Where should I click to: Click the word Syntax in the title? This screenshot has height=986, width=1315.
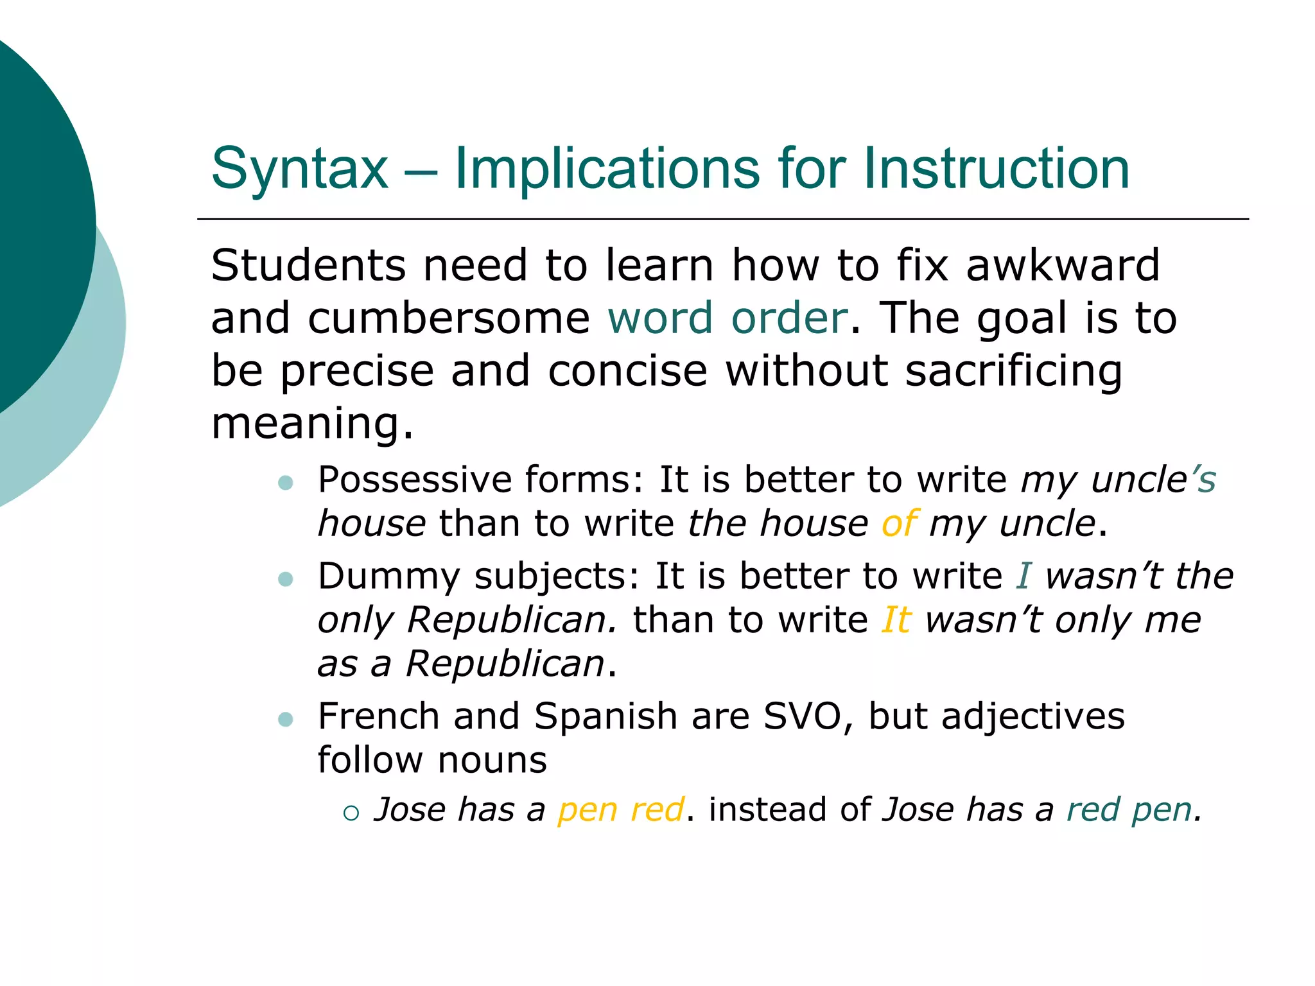point(300,169)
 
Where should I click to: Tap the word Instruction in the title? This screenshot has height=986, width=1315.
point(996,168)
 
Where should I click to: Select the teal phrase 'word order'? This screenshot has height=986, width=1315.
point(727,318)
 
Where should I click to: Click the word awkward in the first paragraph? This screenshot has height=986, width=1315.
point(1063,266)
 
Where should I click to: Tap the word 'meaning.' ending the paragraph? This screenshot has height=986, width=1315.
point(313,424)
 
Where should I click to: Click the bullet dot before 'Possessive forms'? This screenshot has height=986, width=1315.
point(286,483)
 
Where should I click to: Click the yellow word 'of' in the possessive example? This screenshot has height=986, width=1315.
point(898,524)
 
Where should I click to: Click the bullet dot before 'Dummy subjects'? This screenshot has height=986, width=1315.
point(286,580)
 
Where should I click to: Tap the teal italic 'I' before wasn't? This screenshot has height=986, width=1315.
point(1023,576)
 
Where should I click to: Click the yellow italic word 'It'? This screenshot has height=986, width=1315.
point(896,620)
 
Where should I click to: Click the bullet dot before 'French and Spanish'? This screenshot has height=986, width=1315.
point(286,720)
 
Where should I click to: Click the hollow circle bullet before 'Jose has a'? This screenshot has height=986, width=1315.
point(351,813)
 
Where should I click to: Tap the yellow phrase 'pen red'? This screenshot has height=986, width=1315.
point(620,810)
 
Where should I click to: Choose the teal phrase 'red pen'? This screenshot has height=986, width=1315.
point(1129,810)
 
